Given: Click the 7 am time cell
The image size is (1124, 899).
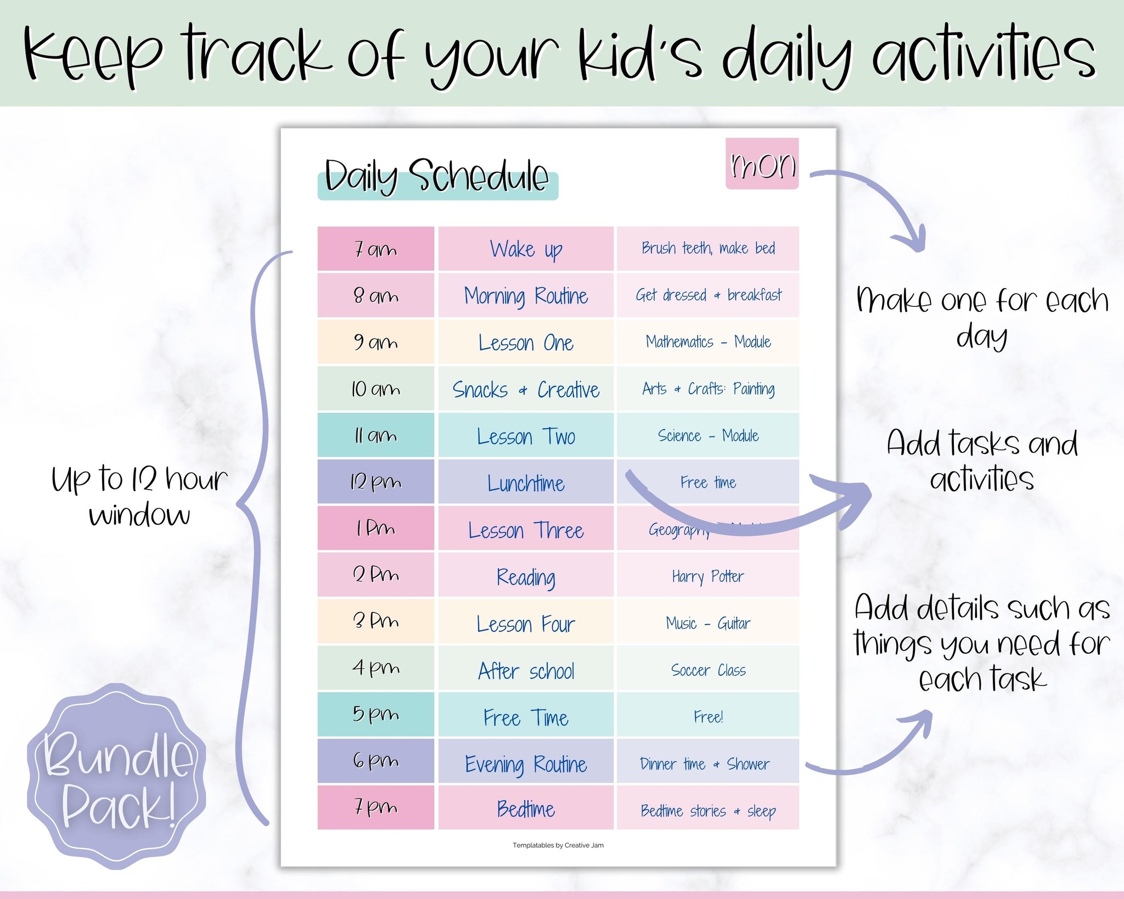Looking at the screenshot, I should [x=375, y=249].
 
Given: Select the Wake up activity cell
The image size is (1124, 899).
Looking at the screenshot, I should [x=526, y=249].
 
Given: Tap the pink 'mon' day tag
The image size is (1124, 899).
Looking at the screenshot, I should [x=762, y=164].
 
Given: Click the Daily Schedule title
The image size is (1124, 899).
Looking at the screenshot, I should [x=437, y=177].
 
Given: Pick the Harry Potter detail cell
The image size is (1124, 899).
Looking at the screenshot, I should [x=707, y=576].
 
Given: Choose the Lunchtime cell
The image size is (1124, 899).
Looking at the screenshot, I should [x=526, y=483].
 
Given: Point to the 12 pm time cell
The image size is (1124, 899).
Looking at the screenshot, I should [x=375, y=482].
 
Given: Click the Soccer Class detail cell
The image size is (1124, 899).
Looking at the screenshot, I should [x=707, y=670].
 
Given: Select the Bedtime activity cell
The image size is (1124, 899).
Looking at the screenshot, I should [x=526, y=808].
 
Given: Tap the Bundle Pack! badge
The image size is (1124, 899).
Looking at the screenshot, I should [x=116, y=777].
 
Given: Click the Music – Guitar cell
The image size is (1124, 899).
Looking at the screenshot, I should [x=707, y=623].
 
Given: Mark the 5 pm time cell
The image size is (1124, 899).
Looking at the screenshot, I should [x=375, y=715].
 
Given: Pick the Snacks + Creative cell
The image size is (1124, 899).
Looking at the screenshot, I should [x=526, y=389].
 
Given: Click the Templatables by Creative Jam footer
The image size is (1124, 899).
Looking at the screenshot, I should [x=558, y=845].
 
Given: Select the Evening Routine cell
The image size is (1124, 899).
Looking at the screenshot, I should [x=526, y=763].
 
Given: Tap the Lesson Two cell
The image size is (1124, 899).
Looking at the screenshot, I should [x=526, y=436].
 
